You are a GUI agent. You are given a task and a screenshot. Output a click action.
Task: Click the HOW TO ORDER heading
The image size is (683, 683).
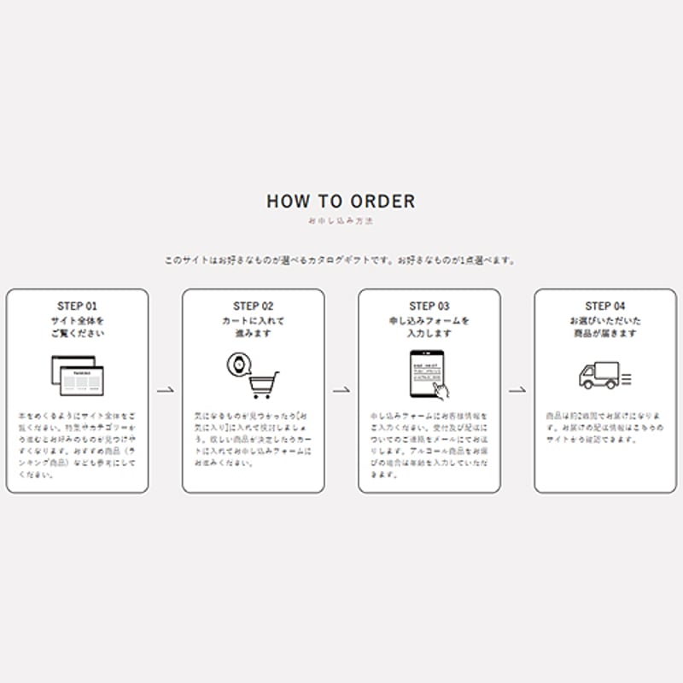pos(341,201)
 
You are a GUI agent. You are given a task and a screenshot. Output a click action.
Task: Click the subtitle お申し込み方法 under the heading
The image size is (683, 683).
pos(341,221)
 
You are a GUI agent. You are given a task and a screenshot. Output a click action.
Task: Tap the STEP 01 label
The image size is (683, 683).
pos(78,306)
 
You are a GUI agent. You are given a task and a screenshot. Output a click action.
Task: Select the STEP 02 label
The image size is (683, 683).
pos(254,306)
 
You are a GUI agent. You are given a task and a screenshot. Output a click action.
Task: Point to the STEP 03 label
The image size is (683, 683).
pos(429,306)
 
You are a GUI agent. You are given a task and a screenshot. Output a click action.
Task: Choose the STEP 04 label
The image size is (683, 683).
pos(605,306)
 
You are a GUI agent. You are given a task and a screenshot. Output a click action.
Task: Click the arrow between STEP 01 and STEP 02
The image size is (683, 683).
pos(166,390)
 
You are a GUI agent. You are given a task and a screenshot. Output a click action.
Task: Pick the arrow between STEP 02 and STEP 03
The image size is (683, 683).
pos(341,390)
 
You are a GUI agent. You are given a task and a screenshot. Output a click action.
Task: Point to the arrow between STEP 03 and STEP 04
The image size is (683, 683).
pos(517,390)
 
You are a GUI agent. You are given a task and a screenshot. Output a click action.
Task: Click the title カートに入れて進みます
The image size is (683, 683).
pos(254,327)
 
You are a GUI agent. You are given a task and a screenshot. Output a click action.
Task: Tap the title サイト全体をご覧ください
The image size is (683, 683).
pos(78,327)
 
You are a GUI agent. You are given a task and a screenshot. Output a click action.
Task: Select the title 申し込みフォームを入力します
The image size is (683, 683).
pos(429,327)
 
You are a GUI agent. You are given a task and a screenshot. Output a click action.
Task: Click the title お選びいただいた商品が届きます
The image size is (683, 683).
pos(605,327)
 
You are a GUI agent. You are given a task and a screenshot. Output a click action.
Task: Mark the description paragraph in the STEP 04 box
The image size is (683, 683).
pos(605,428)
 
